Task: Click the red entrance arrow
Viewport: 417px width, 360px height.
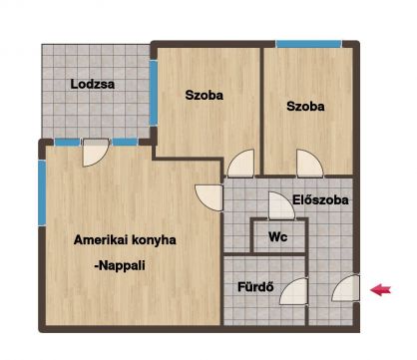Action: point(381,290)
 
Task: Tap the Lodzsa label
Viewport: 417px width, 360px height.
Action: point(93,84)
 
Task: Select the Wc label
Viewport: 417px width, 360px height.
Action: point(278,237)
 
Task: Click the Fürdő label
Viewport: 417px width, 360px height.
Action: point(255,286)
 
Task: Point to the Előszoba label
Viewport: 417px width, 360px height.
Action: point(320,199)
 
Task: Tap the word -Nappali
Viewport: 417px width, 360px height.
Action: point(120,265)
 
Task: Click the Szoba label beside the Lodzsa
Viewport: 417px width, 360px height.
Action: point(205,95)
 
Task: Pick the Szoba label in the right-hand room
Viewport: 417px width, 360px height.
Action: point(305,107)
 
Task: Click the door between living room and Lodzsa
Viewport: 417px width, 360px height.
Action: point(96,153)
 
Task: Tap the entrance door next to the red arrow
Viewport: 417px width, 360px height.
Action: point(346,288)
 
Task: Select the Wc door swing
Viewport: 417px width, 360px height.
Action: point(281,205)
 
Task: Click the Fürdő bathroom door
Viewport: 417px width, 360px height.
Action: point(294,291)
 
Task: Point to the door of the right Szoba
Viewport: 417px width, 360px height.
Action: point(309,163)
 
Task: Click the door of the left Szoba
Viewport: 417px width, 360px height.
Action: point(240,163)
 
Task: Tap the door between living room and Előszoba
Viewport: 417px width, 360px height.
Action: point(208,197)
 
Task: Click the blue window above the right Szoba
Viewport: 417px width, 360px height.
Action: point(308,44)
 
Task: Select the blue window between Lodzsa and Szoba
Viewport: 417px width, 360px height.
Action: point(154,93)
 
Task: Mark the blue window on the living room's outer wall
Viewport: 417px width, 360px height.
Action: point(42,192)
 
